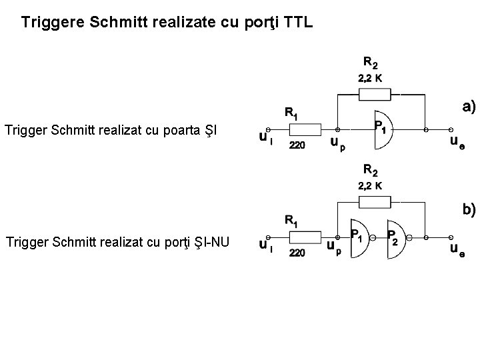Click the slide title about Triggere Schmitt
(166, 23)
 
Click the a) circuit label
(469, 106)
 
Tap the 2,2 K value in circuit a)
(370, 78)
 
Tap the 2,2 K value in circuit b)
(370, 185)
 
